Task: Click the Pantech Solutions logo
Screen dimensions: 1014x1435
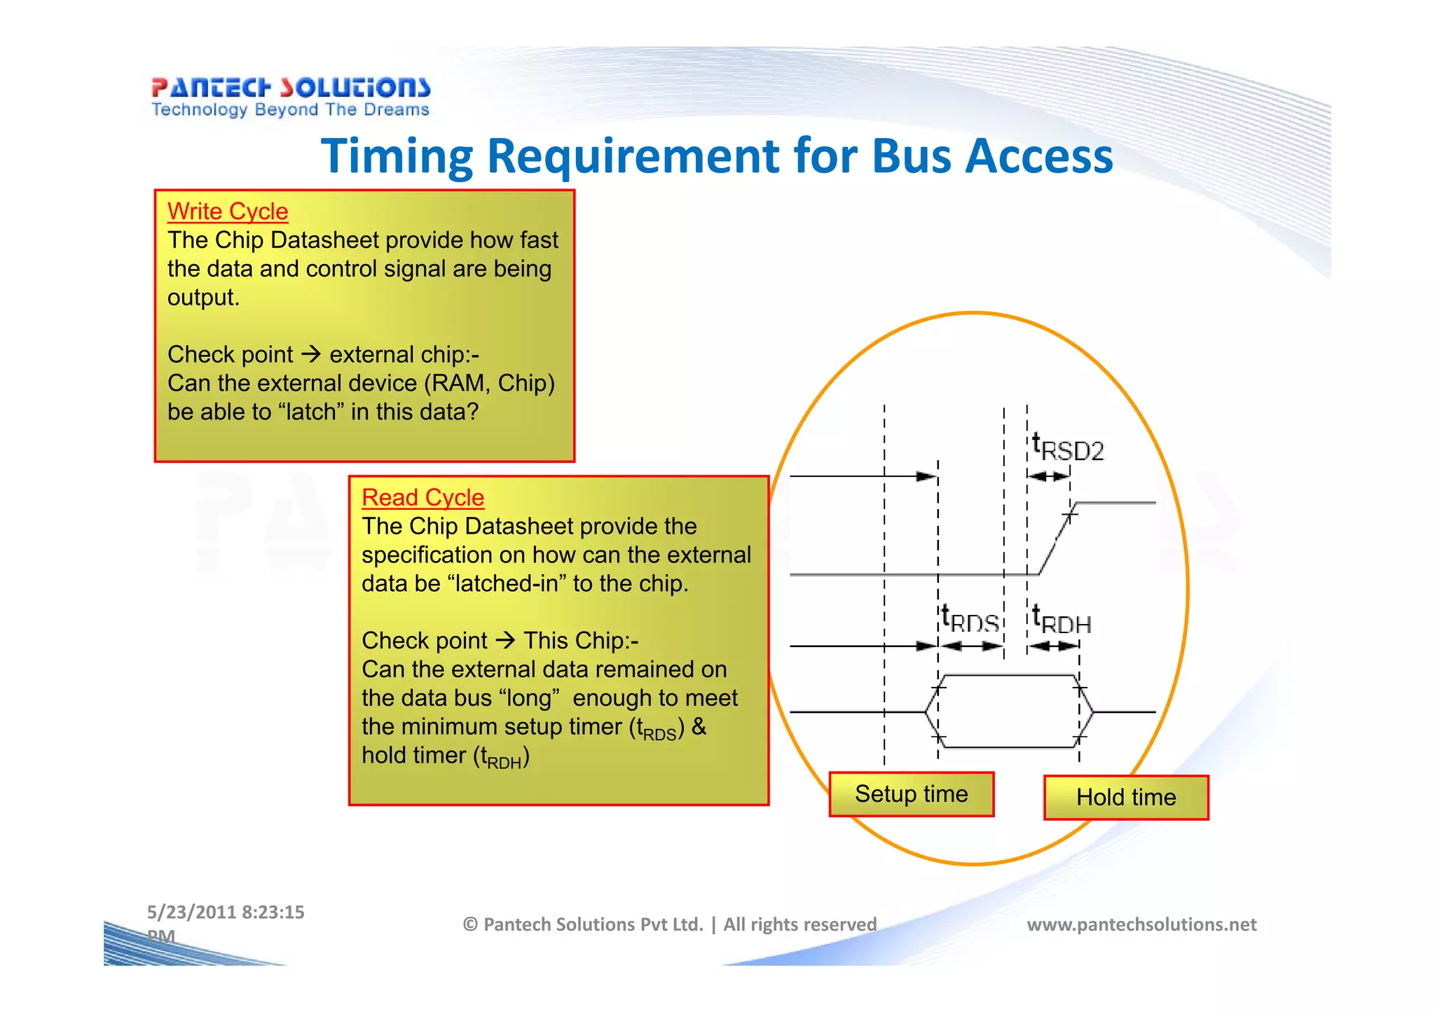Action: pos(290,88)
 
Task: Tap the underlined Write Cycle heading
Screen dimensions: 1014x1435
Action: pos(228,211)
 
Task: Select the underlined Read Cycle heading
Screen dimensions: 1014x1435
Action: pos(423,498)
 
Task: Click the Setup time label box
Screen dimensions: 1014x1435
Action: pos(911,794)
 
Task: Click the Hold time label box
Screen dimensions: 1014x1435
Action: pos(1126,798)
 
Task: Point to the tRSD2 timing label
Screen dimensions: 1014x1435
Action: pos(1068,448)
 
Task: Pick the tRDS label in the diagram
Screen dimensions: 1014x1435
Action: pos(970,620)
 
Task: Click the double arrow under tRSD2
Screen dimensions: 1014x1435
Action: pos(1048,476)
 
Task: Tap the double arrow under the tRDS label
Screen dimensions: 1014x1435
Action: pos(970,646)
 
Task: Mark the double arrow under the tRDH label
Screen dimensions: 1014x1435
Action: pos(1053,646)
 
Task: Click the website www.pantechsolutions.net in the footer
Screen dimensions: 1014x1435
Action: pos(1141,924)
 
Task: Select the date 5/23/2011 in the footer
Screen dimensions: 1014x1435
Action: pos(191,912)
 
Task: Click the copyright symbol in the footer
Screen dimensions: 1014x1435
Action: pos(470,925)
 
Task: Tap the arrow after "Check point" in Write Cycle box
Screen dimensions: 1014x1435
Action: pos(311,354)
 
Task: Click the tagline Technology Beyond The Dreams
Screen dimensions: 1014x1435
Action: pos(290,110)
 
